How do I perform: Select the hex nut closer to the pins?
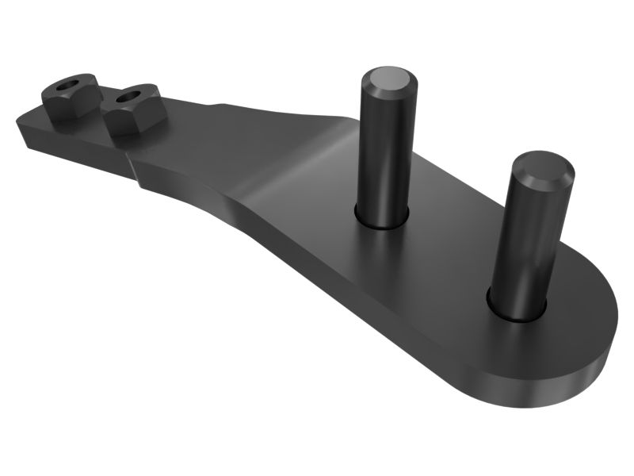click(x=133, y=109)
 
